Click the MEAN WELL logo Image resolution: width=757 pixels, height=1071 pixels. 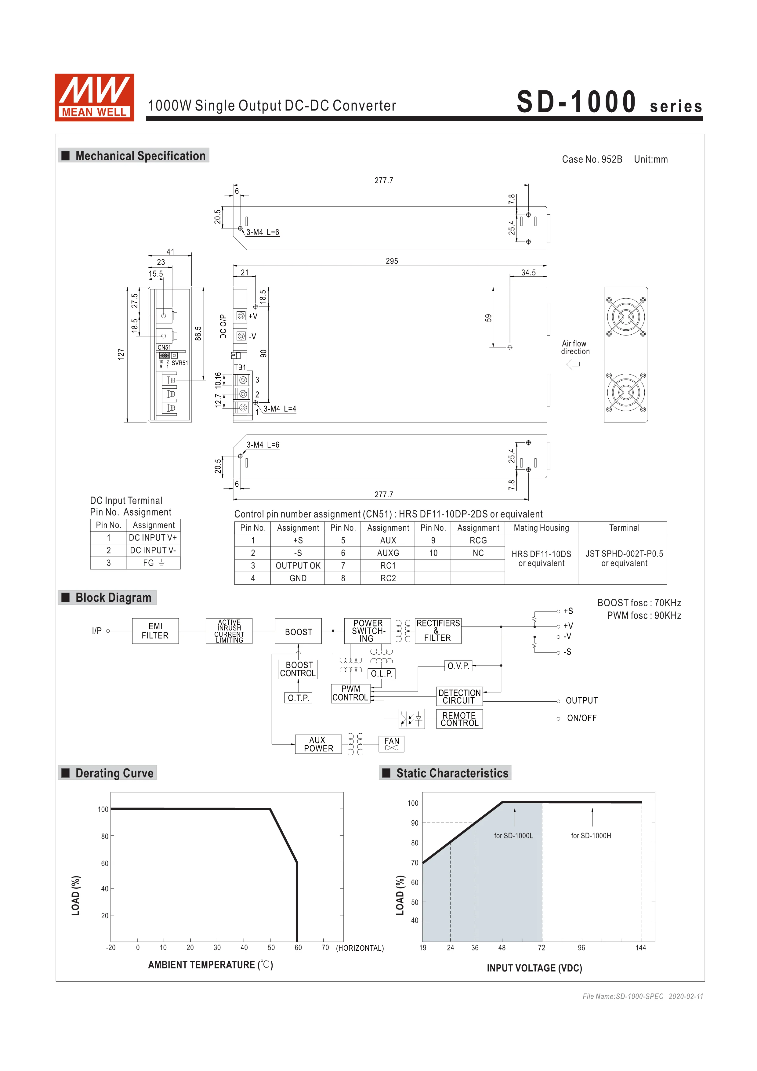click(x=94, y=97)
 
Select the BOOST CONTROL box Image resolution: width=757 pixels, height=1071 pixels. click(x=298, y=669)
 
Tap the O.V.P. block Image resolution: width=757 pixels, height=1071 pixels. click(x=458, y=666)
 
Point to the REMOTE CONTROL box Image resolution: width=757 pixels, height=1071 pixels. click(x=459, y=719)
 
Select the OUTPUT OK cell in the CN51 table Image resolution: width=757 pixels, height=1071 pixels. click(x=298, y=565)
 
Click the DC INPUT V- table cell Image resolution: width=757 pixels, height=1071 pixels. click(x=153, y=550)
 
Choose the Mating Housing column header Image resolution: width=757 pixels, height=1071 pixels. click(x=541, y=528)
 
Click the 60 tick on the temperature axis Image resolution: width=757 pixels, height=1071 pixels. click(x=298, y=947)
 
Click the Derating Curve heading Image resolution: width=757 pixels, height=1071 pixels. click(x=114, y=773)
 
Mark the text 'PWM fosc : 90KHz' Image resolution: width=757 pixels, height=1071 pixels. click(x=644, y=615)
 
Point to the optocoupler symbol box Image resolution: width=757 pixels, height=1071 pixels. click(x=411, y=719)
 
